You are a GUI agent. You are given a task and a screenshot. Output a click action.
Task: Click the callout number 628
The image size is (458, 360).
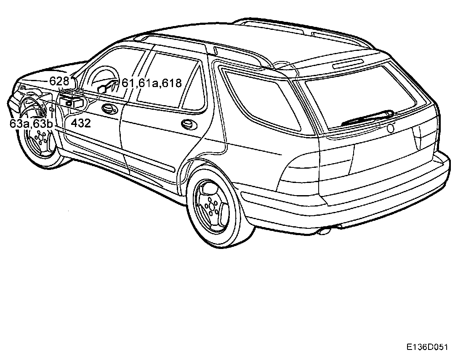point(59,81)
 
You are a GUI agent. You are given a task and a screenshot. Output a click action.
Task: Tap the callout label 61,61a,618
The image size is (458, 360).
point(152,83)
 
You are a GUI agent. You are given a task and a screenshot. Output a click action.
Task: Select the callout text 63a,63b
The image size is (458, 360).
point(31,123)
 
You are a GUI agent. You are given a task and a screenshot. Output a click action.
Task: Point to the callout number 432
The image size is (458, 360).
point(81,123)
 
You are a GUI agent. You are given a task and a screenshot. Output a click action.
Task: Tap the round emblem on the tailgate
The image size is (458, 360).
point(391,129)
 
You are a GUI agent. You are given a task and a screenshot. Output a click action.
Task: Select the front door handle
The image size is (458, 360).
point(109,109)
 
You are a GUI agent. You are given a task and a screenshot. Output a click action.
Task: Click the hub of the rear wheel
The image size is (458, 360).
point(211,205)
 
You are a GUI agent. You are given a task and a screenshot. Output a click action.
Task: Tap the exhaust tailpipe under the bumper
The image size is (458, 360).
point(325,230)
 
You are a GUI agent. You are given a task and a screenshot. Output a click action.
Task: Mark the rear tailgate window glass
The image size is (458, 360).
point(362,95)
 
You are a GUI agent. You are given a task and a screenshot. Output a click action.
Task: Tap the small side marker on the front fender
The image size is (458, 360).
point(51,109)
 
